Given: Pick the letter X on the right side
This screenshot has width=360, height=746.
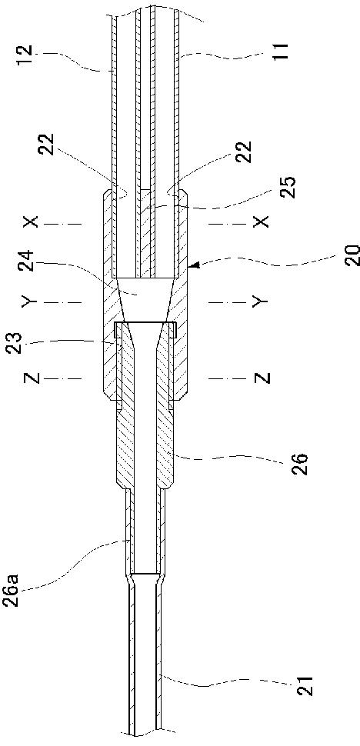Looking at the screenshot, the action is point(261,221).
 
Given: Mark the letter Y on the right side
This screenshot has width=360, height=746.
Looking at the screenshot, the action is point(261,301).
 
